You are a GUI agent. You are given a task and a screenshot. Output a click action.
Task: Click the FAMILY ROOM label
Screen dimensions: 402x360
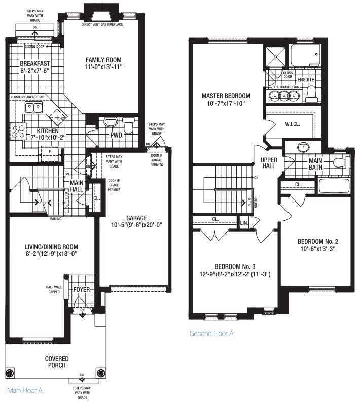point(104,59)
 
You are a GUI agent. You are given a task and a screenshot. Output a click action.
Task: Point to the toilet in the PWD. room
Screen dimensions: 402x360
point(129,127)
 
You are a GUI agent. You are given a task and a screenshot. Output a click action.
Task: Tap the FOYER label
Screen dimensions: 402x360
point(81,290)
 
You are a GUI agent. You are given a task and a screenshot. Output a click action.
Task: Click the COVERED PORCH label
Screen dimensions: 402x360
point(56,362)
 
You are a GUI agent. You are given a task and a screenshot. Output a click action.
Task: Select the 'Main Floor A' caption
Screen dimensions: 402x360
point(24,390)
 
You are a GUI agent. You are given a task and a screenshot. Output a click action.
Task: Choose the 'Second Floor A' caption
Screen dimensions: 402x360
point(211,333)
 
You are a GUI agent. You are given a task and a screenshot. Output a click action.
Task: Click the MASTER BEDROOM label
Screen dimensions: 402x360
point(226,96)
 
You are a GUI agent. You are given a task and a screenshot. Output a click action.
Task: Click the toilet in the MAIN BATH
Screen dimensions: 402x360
point(344,162)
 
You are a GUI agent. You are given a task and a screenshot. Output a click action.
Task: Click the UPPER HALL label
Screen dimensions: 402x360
point(268,162)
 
